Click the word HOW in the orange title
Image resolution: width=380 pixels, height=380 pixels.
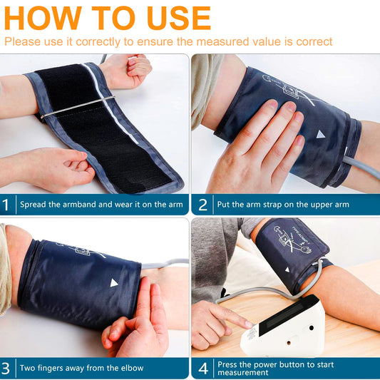pos(43,18)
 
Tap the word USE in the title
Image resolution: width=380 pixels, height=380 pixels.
pos(179,18)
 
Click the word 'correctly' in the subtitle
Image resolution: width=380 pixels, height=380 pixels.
pos(98,41)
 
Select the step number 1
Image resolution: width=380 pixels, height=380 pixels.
pos(5,205)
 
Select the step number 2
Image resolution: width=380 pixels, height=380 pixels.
pos(202,205)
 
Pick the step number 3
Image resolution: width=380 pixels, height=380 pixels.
pos(5,369)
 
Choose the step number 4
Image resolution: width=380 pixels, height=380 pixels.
pos(203,369)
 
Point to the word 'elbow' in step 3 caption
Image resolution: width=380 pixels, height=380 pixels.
pos(133,368)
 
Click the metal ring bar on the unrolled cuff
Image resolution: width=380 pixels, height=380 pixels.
pos(78,107)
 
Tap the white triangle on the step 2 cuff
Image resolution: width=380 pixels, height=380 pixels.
pos(320,134)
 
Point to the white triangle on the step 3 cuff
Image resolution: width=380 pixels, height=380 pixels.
pos(113,283)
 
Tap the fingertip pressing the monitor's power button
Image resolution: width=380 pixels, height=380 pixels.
pos(249,324)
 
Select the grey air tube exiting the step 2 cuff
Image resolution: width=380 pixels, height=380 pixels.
pos(361,168)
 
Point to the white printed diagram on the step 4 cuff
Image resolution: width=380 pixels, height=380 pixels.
pos(293,240)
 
